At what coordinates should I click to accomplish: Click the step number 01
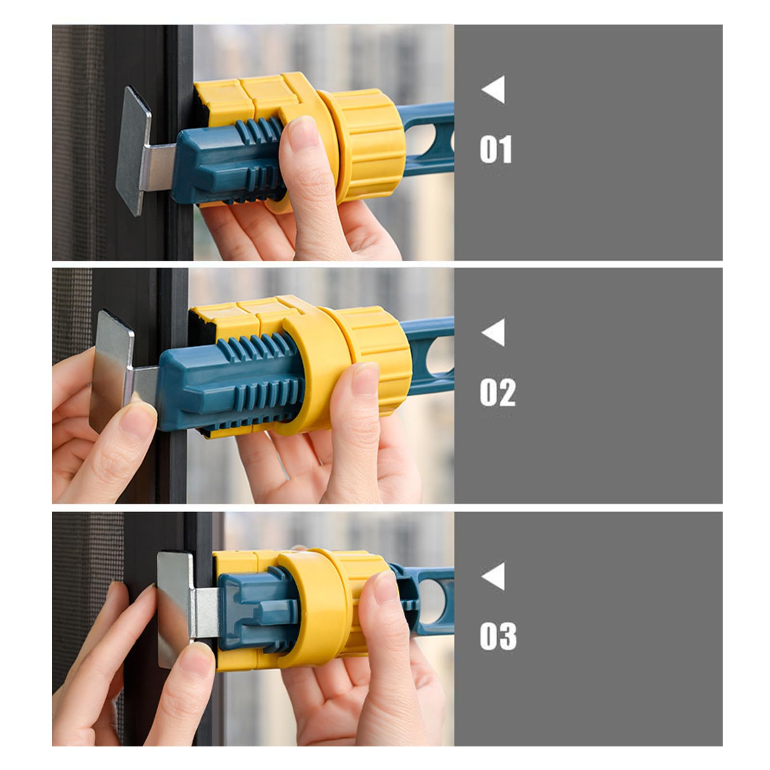click(495, 149)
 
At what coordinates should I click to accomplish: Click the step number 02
click(497, 392)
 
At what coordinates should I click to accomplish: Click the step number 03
click(498, 636)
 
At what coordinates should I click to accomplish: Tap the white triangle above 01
click(493, 89)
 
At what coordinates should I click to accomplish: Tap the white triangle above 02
click(493, 332)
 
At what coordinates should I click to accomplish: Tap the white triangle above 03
click(493, 576)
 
